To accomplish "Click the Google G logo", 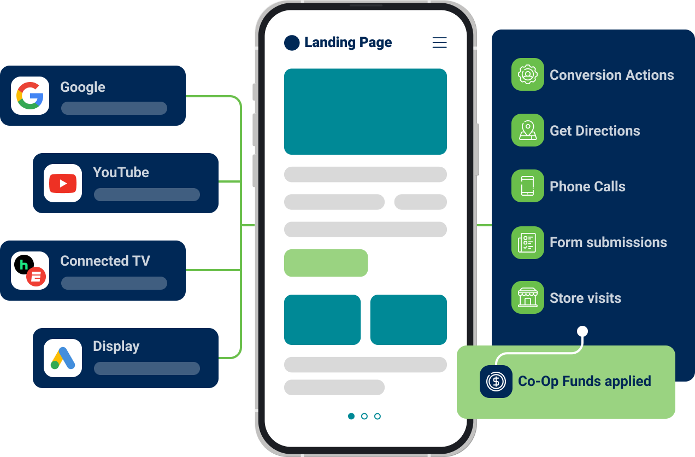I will pos(30,96).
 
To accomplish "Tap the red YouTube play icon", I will pos(63,183).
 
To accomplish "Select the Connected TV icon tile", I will pos(30,271).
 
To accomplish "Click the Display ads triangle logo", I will pos(63,358).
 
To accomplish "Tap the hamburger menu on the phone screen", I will pos(439,43).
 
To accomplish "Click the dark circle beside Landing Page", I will pos(292,43).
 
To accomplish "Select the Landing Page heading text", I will pos(348,43).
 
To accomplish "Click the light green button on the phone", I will pos(326,263).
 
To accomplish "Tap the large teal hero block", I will pos(365,112).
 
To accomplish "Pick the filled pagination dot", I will pos(351,416).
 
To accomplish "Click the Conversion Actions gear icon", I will pos(527,74).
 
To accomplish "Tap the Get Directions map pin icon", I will pos(527,130).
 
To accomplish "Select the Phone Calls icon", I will pos(527,186).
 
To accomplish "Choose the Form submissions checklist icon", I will pos(527,242).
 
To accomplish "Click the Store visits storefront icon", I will pos(527,297).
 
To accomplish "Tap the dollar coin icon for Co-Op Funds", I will pos(496,381).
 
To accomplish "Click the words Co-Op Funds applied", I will pos(584,381).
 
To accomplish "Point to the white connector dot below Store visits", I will pos(582,331).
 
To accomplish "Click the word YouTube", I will pos(121,172).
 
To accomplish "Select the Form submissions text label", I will pos(608,242).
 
